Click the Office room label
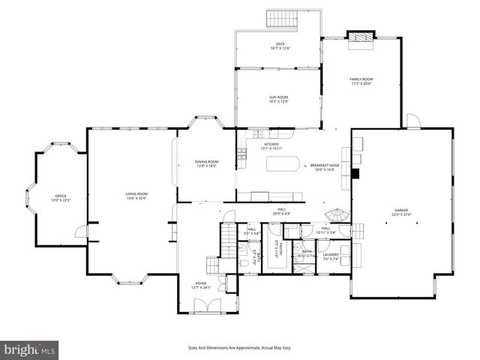click(59, 198)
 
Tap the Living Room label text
click(136, 196)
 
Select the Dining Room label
click(206, 163)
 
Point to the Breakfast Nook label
click(324, 168)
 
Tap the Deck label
click(280, 46)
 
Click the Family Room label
click(361, 81)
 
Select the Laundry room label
click(331, 256)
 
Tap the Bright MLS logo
click(30, 349)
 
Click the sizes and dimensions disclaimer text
click(239, 348)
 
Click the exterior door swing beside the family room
click(412, 121)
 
